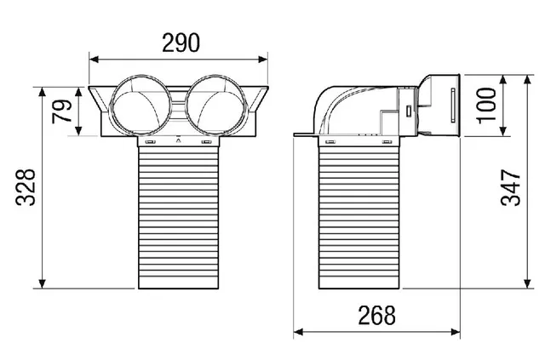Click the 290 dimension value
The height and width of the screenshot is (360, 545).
[181, 43]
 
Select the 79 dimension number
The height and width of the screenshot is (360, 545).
[62, 111]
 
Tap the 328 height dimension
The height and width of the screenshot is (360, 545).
[26, 187]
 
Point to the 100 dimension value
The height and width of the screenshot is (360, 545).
[486, 106]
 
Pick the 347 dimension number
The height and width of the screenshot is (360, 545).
[511, 187]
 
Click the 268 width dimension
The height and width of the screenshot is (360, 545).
[376, 315]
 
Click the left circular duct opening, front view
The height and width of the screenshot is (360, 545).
[141, 105]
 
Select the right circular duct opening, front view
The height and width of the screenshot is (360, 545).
[216, 105]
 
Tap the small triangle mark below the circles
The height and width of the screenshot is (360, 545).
[178, 140]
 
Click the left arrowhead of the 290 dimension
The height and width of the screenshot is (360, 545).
[94, 60]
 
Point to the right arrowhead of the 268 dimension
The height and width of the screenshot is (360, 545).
[456, 332]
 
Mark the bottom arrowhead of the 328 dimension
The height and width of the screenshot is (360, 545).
[42, 283]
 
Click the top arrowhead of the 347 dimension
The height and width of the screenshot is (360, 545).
[528, 80]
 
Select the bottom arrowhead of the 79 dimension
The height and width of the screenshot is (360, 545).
[78, 131]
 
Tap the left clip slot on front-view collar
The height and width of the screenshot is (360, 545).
[150, 142]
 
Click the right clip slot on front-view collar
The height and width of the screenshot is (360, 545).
[206, 142]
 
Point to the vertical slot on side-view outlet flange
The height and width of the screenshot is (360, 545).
[452, 106]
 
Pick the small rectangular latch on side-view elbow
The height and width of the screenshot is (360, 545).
[409, 111]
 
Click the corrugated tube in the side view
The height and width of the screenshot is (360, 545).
[359, 217]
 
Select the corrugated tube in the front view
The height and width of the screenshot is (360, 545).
[179, 217]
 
